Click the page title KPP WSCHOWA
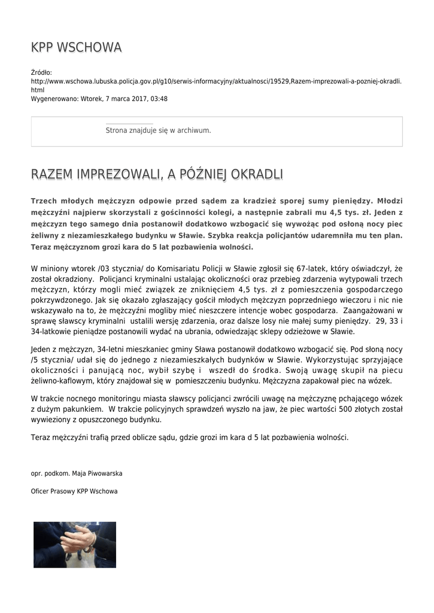76,47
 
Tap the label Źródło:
41,72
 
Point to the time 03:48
159,99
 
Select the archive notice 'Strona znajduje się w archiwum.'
158,130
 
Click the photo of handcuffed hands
75,545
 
